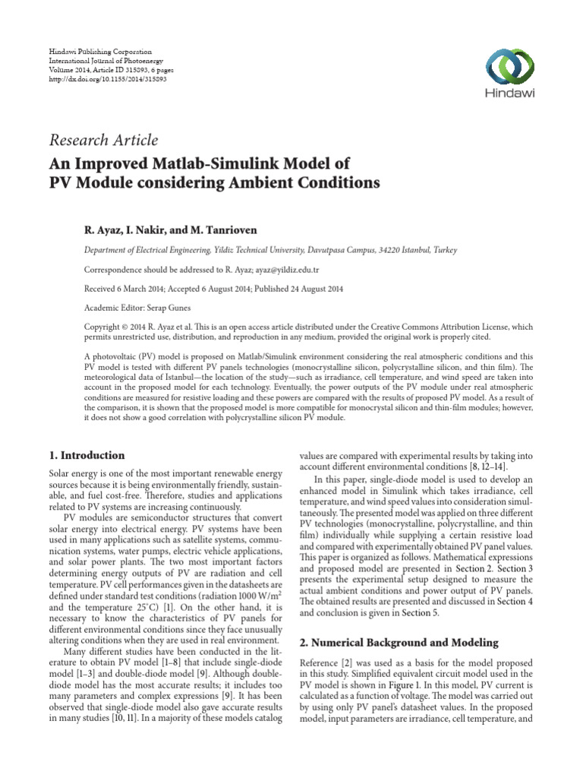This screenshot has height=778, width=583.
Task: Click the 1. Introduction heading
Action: pyautogui.click(x=85, y=456)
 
